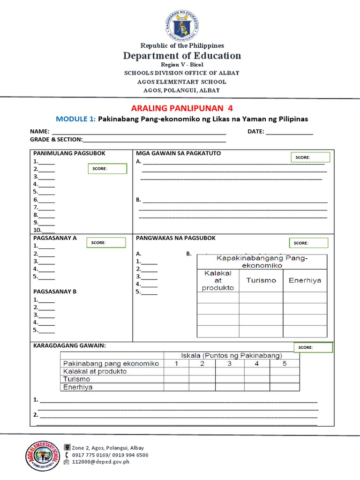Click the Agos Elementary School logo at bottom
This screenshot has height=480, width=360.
pyautogui.click(x=42, y=456)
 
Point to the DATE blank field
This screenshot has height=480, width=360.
pyautogui.click(x=289, y=132)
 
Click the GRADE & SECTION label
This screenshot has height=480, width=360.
pyautogui.click(x=56, y=139)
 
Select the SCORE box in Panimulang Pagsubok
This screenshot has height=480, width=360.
pyautogui.click(x=107, y=169)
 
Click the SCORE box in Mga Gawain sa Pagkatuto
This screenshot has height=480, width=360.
pyautogui.click(x=310, y=157)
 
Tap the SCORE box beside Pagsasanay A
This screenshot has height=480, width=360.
pyautogui.click(x=106, y=242)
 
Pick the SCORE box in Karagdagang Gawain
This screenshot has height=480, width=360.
pyautogui.click(x=313, y=347)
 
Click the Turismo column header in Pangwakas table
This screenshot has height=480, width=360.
pyautogui.click(x=261, y=280)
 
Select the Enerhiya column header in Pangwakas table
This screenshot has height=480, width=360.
pyautogui.click(x=305, y=280)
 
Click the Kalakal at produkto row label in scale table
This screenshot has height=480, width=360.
pyautogui.click(x=95, y=371)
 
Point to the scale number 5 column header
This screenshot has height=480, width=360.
pyautogui.click(x=284, y=363)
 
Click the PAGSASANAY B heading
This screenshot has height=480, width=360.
pyautogui.click(x=54, y=292)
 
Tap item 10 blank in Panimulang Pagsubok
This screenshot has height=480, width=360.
pyautogui.click(x=48, y=230)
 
